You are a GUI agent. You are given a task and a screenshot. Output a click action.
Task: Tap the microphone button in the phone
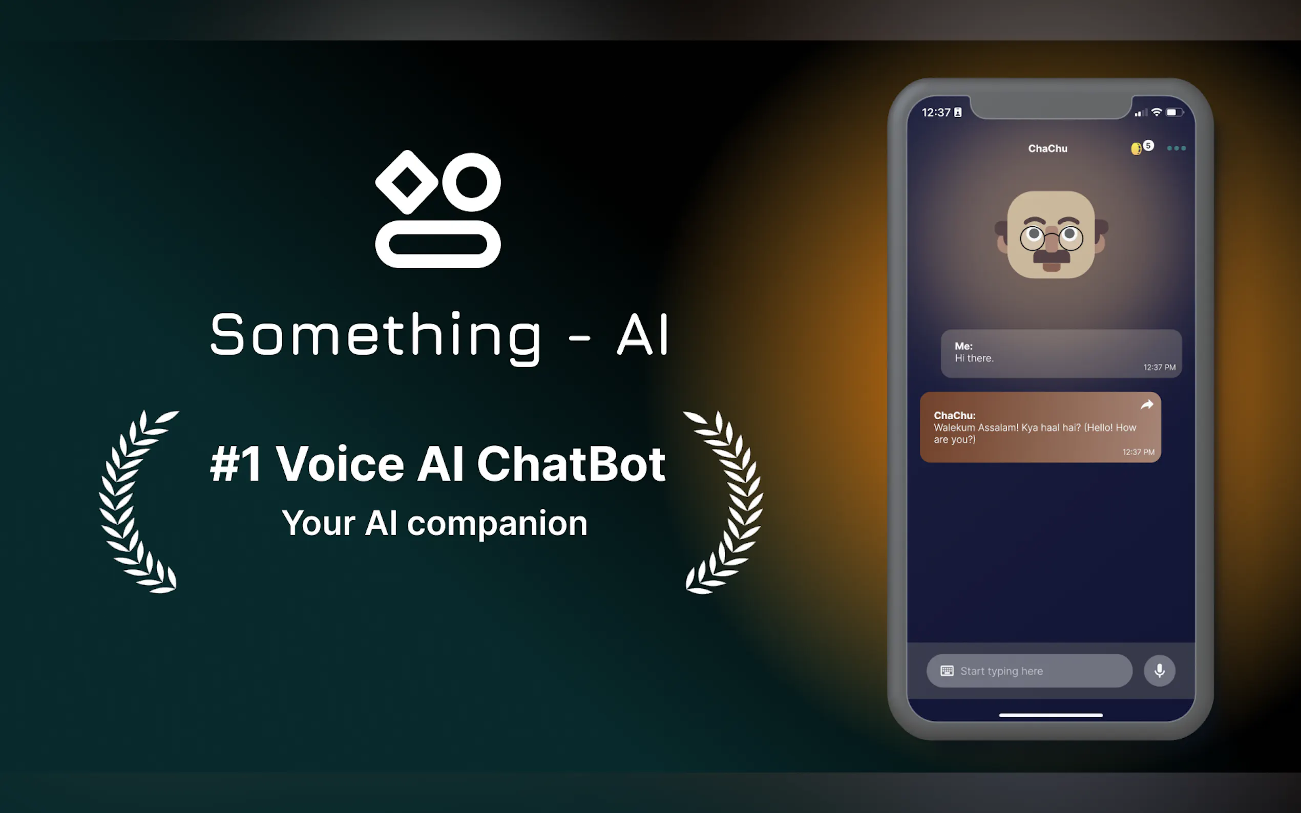1159,671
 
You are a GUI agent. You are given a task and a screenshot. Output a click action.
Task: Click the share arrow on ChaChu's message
1147,405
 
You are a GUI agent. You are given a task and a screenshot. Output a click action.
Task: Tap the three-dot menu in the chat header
1176,148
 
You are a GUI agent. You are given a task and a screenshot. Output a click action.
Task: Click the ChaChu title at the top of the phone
1047,148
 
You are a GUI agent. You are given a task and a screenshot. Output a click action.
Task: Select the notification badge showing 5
1148,145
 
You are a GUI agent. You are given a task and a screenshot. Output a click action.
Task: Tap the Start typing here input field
1029,671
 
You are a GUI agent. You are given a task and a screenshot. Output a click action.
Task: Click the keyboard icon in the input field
947,671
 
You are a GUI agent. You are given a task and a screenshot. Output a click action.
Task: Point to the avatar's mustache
1052,255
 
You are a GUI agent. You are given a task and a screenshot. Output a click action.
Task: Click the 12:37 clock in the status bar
936,113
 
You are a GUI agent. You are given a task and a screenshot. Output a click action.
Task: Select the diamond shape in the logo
407,182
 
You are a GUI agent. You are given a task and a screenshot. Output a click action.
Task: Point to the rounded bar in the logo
438,244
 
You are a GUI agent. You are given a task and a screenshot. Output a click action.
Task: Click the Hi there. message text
974,358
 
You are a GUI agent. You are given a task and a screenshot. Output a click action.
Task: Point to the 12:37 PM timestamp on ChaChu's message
1138,452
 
